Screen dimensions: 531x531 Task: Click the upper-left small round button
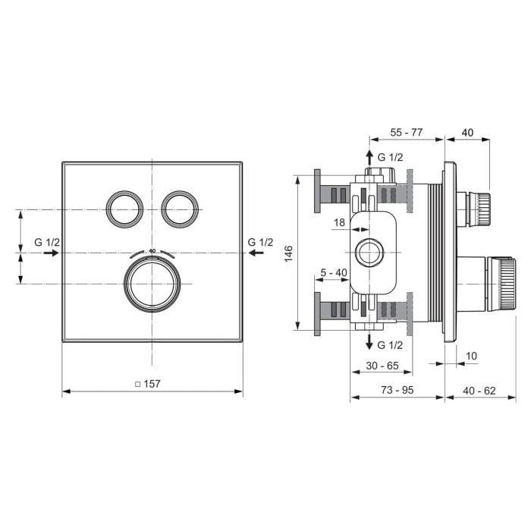point(124,208)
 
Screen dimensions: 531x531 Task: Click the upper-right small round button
point(181,208)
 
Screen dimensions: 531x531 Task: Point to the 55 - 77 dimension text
point(407,132)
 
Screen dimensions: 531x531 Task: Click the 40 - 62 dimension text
point(479,390)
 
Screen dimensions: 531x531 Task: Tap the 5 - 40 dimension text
point(333,272)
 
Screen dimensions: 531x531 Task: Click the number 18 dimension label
point(338,222)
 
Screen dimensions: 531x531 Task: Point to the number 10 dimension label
point(472,356)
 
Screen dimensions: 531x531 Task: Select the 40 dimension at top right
point(467,132)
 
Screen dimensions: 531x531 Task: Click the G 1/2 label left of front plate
point(47,242)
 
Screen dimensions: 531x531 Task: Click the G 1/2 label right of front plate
point(260,242)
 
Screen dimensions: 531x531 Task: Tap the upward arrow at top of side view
point(370,157)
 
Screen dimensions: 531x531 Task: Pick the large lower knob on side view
point(501,284)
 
